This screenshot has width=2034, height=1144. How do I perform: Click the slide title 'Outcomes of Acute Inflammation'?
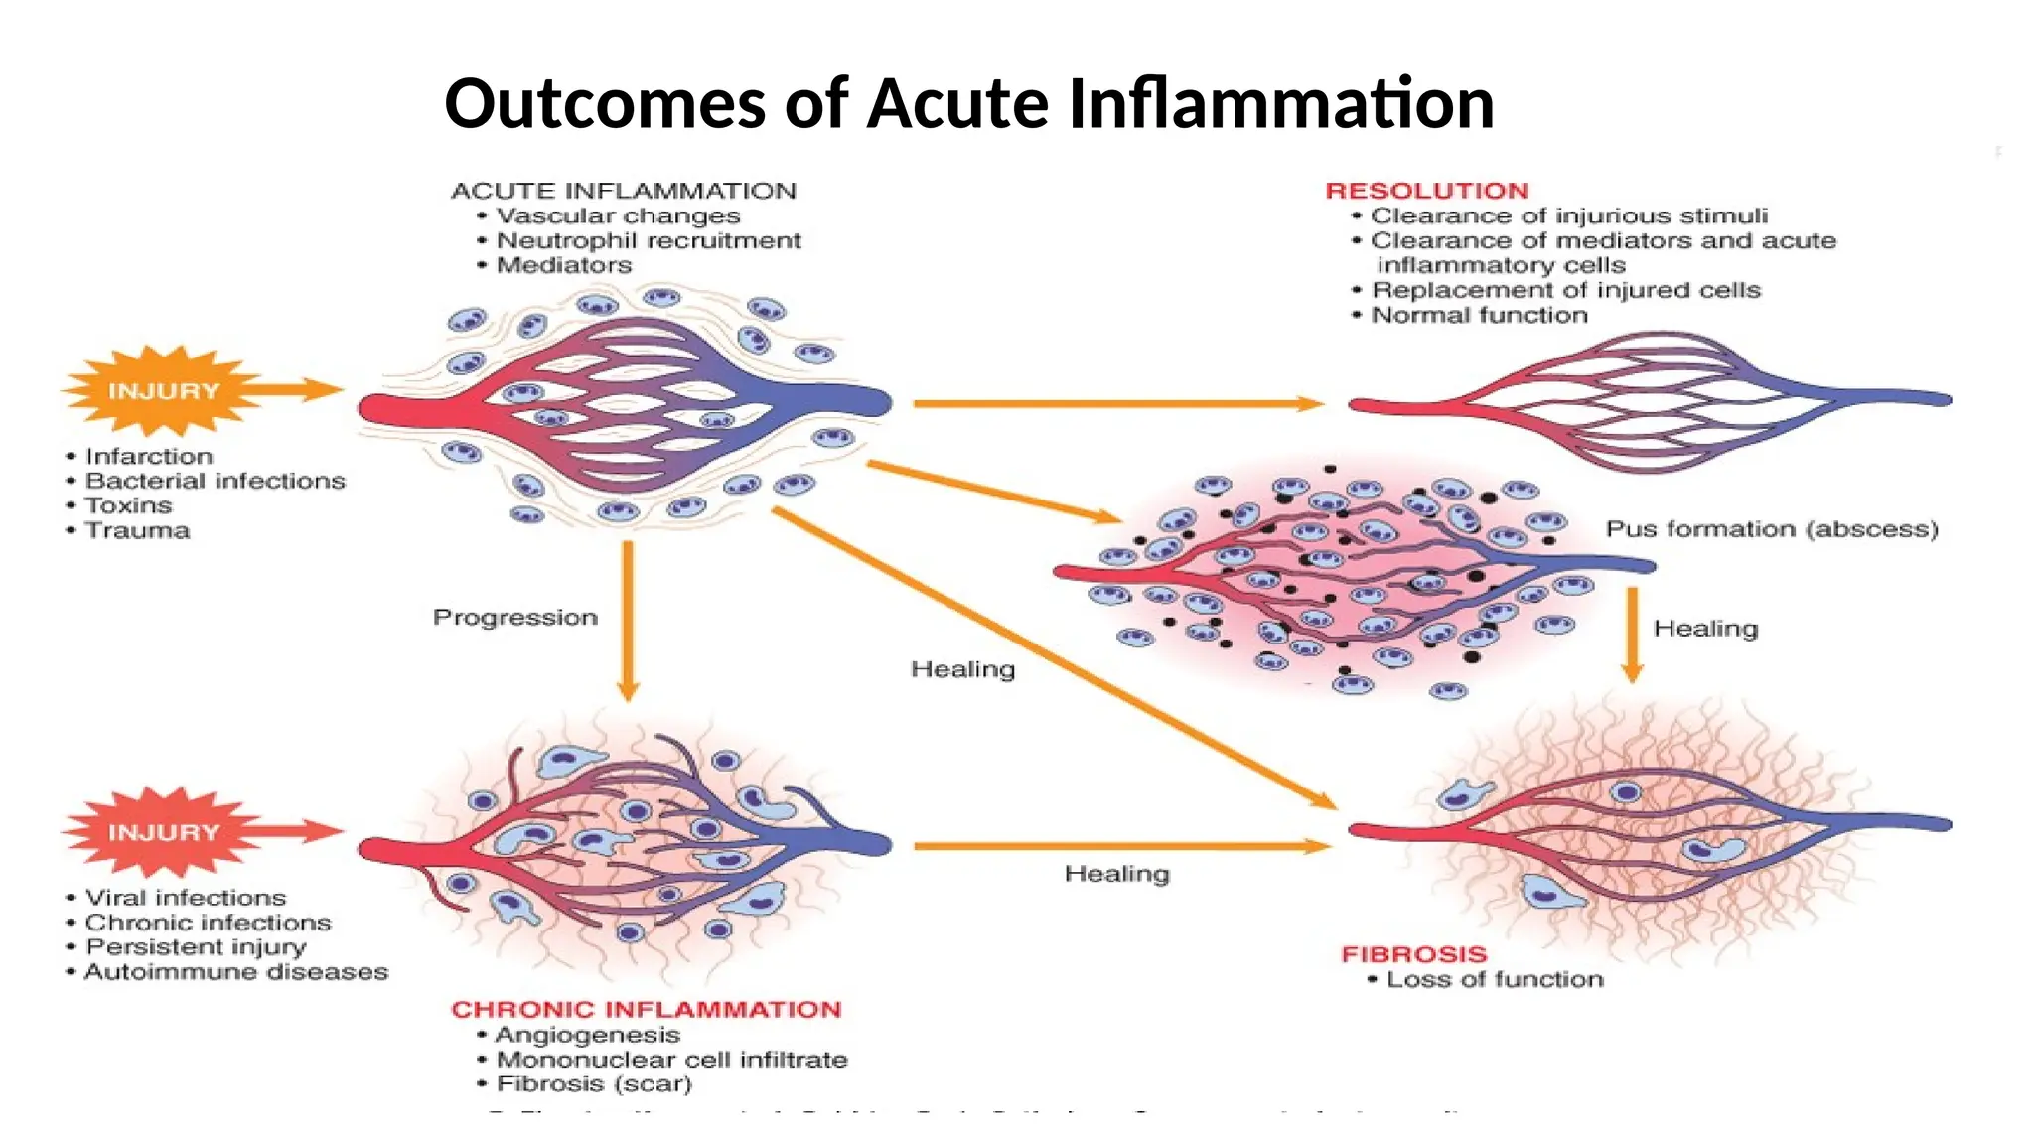click(969, 104)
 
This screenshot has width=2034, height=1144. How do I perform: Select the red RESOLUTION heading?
click(1427, 191)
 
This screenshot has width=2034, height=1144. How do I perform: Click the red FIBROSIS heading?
click(1414, 954)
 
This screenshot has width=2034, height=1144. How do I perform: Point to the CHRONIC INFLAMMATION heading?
click(647, 1009)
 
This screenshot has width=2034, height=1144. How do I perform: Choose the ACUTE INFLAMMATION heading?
click(624, 191)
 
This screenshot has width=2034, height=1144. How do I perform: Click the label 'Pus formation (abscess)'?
click(1772, 529)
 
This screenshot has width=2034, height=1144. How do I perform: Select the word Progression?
click(515, 618)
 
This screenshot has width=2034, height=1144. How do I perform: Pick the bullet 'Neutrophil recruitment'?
click(649, 240)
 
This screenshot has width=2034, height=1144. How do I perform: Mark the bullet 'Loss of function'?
click(1495, 979)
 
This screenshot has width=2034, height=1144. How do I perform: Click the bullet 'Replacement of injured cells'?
click(1566, 290)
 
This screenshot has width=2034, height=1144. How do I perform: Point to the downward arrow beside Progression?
click(628, 621)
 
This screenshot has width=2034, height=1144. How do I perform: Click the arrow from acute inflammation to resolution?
click(1117, 403)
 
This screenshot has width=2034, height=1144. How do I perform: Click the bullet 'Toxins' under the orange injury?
click(128, 505)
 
